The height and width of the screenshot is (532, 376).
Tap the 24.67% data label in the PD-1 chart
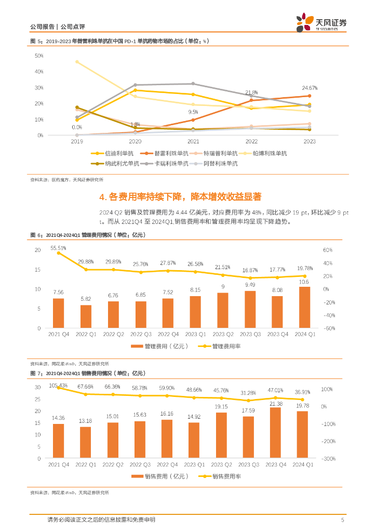[x=310, y=88]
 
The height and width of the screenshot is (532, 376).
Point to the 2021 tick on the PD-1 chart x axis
[x=193, y=141]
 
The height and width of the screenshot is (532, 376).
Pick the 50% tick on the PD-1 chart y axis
[x=39, y=55]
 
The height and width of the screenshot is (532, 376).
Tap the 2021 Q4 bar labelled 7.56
[x=59, y=313]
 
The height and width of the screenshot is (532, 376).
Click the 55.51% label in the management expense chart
[x=58, y=248]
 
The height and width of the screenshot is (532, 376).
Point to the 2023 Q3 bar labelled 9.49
[x=250, y=309]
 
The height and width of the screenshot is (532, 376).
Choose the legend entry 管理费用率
[x=222, y=346]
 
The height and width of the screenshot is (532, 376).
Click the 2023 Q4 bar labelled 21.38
[x=277, y=433]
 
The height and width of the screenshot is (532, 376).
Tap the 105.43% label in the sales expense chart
[x=58, y=385]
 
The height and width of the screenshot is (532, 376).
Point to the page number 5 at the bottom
[x=342, y=520]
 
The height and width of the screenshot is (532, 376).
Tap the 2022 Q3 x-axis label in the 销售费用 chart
[x=140, y=464]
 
